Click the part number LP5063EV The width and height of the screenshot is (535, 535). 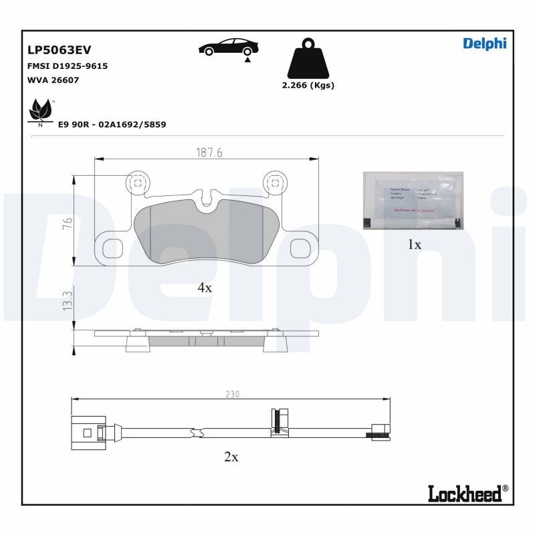pyautogui.click(x=59, y=49)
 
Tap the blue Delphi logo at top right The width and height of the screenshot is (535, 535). pyautogui.click(x=484, y=43)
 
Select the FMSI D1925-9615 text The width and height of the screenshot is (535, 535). pyautogui.click(x=68, y=66)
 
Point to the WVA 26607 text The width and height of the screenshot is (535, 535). pyautogui.click(x=53, y=80)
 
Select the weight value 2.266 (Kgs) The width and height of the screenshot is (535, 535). pyautogui.click(x=308, y=86)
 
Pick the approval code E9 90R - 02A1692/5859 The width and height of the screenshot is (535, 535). pyautogui.click(x=112, y=124)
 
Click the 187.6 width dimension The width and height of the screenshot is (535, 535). pyautogui.click(x=209, y=152)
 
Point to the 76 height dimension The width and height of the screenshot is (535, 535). pyautogui.click(x=67, y=224)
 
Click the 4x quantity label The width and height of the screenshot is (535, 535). pyautogui.click(x=205, y=288)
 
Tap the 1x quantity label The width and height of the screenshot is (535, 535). pyautogui.click(x=415, y=245)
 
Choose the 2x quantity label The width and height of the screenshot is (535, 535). pyautogui.click(x=231, y=457)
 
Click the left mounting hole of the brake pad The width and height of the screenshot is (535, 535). pyautogui.click(x=136, y=182)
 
